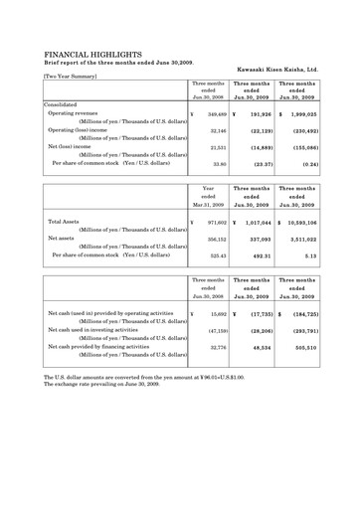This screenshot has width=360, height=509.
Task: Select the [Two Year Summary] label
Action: (76, 76)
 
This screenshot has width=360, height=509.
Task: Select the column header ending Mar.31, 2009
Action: (208, 204)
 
